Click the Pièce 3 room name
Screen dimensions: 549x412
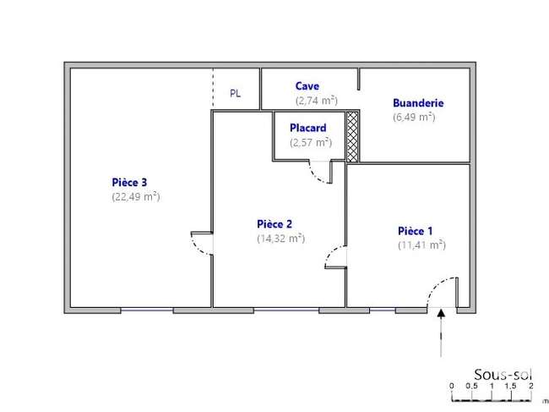pos(129,183)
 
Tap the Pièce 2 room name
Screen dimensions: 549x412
pos(274,224)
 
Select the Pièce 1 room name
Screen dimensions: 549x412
pos(416,231)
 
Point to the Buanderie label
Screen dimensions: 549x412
pos(418,103)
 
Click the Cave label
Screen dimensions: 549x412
pos(307,86)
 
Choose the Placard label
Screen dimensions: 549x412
pos(308,128)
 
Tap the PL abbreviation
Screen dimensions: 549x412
pos(236,94)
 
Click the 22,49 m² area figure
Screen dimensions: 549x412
pos(136,196)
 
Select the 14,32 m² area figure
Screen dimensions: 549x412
pos(280,238)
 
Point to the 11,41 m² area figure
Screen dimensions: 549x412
pos(422,244)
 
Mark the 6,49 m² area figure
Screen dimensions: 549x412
pos(414,117)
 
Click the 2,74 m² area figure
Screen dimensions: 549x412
pos(317,101)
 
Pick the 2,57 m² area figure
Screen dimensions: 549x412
pos(311,142)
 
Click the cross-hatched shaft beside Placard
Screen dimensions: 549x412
pos(352,136)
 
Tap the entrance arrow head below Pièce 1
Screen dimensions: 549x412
pos(441,312)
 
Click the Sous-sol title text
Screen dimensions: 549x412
pos(503,375)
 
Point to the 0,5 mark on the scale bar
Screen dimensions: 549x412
pos(471,386)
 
